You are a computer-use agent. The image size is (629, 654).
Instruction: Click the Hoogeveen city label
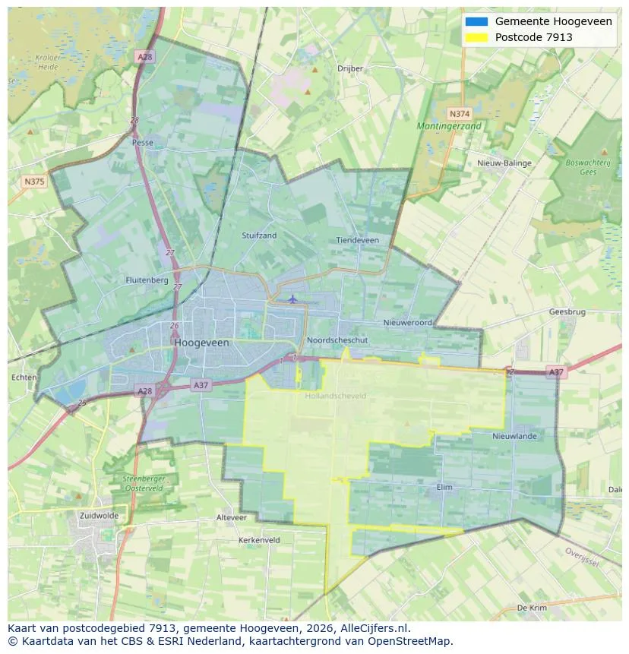coord(201,343)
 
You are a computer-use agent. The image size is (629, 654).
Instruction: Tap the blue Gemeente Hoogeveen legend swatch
coord(477,21)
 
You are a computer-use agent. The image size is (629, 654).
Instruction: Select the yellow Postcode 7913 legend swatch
coord(477,37)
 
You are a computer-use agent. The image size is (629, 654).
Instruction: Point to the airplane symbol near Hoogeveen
coord(292,299)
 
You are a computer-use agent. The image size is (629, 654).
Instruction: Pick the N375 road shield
coord(34,181)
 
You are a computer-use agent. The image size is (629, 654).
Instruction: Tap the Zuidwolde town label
coord(99,515)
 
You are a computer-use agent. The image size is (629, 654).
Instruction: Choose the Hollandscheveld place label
coord(335,396)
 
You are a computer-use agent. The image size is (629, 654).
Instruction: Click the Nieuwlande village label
coord(514,436)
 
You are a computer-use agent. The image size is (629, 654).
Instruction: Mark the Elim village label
coord(445,487)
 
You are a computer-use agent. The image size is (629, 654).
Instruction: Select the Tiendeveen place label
coord(357,240)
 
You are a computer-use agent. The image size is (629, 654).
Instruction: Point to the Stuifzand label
coord(259,235)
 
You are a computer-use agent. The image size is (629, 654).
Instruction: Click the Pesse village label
coord(142,142)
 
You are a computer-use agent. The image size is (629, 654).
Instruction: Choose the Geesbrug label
coord(567,311)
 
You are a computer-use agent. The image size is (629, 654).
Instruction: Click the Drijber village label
coord(350,68)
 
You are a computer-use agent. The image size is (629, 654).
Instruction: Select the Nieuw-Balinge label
coord(504,163)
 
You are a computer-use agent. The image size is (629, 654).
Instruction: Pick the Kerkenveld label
coord(259,540)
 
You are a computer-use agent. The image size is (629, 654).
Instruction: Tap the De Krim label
coord(532,608)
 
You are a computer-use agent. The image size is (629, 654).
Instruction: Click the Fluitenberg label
coord(147,280)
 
